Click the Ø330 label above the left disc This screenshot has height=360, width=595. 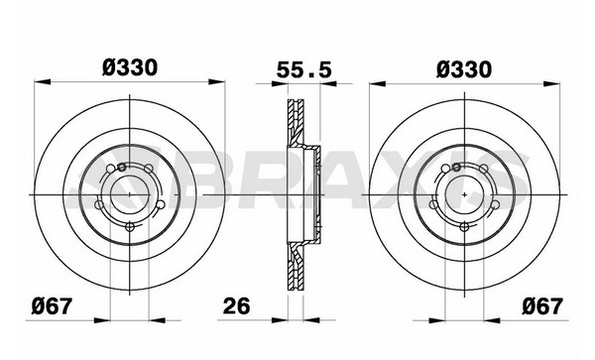pos(130,68)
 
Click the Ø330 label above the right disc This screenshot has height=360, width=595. pos(464,69)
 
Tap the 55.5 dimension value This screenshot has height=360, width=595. pos(304,69)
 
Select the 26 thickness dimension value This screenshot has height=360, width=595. pos(237,305)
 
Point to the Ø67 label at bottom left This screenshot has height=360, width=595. pos(52,305)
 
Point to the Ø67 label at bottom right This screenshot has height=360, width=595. pos(542,305)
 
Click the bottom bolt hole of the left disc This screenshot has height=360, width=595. pos(130,227)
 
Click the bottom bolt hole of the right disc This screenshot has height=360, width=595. pos(464,227)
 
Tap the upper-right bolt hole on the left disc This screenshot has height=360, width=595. pos(149,169)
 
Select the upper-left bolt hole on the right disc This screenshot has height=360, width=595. pos(446,169)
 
